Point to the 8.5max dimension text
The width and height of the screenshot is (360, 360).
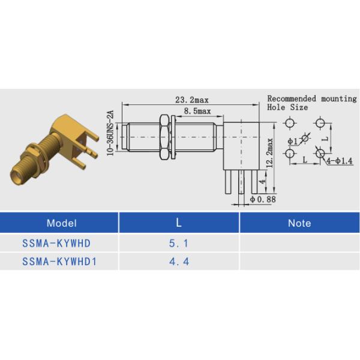[x=197, y=111]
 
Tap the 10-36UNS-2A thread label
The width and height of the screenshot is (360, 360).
[x=110, y=133]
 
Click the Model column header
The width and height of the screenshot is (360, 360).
[x=61, y=223]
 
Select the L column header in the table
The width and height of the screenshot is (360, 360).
[x=178, y=223]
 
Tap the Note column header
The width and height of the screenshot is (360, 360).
[x=299, y=223]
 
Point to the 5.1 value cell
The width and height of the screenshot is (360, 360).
[x=178, y=244]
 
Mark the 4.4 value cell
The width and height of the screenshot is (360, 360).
[x=178, y=262]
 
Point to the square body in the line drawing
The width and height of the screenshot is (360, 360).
[x=241, y=144]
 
